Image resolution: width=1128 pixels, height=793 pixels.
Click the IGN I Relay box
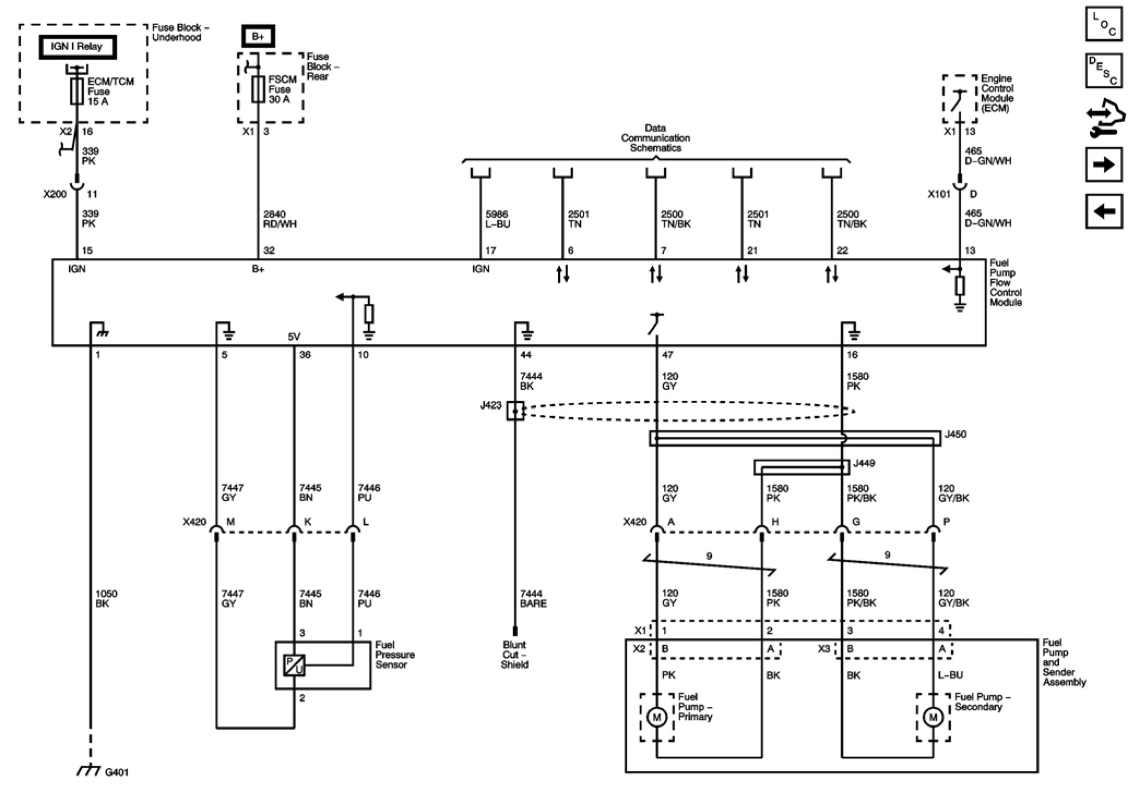pyautogui.click(x=77, y=47)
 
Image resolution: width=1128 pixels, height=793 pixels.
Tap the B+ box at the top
pyautogui.click(x=258, y=37)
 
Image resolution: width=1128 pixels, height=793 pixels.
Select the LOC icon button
pyautogui.click(x=1103, y=25)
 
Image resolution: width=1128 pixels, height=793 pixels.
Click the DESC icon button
pyautogui.click(x=1103, y=70)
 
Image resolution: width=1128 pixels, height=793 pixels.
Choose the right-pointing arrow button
pyautogui.click(x=1103, y=164)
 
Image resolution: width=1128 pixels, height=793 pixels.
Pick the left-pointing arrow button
pyautogui.click(x=1103, y=211)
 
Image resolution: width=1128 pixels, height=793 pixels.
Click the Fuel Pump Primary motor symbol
pyautogui.click(x=657, y=717)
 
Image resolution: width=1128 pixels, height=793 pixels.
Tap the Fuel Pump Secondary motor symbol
pyautogui.click(x=933, y=717)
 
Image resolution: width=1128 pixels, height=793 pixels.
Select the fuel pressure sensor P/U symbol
pyautogui.click(x=294, y=665)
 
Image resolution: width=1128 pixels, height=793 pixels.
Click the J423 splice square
pyautogui.click(x=515, y=411)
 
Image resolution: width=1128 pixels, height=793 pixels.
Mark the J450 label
pyautogui.click(x=955, y=435)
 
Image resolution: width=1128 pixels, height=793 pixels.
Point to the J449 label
pyautogui.click(x=864, y=464)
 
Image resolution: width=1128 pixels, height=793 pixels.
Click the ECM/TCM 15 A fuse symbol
pyautogui.click(x=77, y=91)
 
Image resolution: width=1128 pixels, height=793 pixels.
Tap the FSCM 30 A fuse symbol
pyautogui.click(x=258, y=89)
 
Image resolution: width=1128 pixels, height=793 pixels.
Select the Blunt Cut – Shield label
pyautogui.click(x=515, y=654)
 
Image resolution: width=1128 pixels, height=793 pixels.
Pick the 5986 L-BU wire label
pyautogui.click(x=497, y=219)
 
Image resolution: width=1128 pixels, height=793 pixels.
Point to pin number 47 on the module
pyautogui.click(x=668, y=355)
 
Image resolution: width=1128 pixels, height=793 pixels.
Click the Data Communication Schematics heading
pyautogui.click(x=656, y=138)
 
